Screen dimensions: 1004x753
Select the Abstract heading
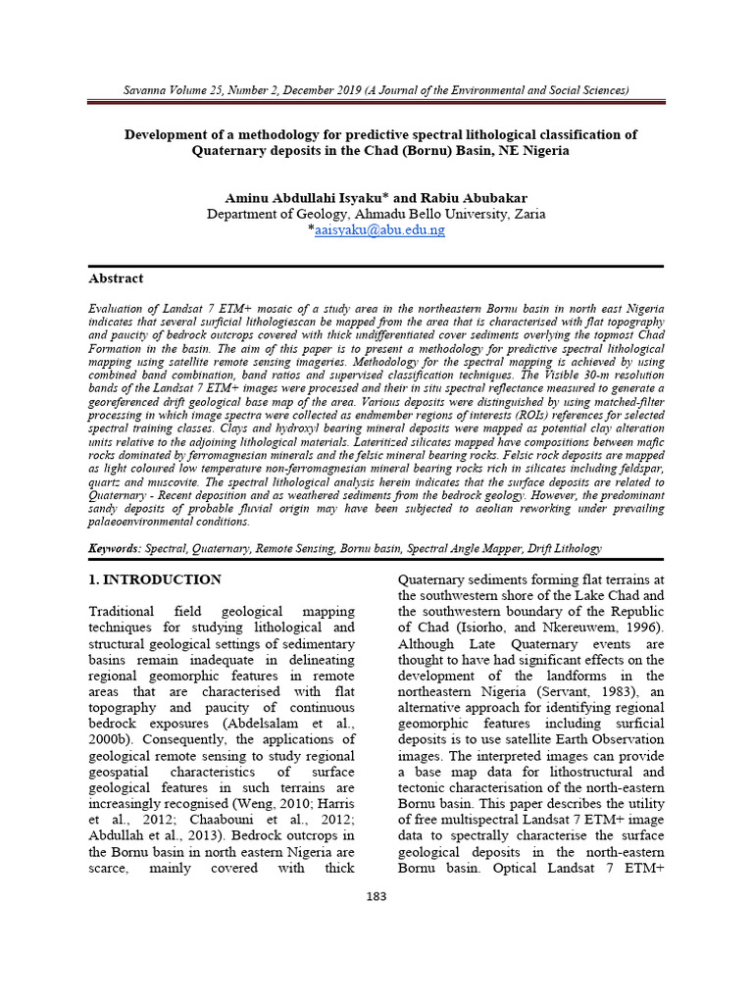116,278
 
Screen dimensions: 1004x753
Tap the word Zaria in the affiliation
527,214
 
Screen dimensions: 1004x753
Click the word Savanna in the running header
145,90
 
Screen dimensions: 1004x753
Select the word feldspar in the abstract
635,482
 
